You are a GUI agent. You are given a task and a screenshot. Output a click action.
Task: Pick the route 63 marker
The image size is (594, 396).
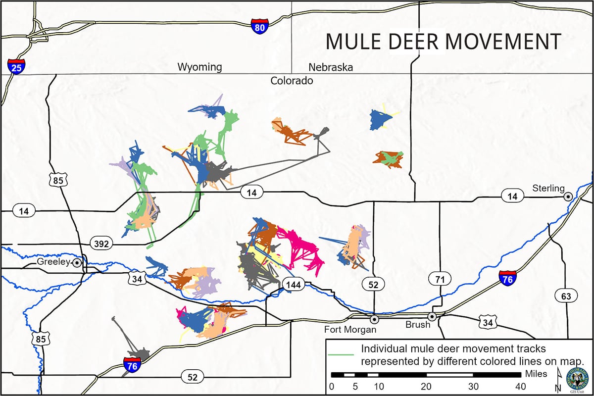pyautogui.click(x=565, y=297)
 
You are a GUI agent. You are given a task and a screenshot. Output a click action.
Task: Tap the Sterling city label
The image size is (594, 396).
pyautogui.click(x=547, y=188)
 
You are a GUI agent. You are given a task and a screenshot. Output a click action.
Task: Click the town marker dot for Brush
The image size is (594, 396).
pyautogui.click(x=432, y=316)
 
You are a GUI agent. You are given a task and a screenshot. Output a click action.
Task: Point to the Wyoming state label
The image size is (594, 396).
pyautogui.click(x=200, y=67)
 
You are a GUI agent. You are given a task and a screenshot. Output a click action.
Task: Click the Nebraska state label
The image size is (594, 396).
pyautogui.click(x=331, y=67)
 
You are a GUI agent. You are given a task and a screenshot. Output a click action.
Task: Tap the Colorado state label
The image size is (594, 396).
pyautogui.click(x=292, y=80)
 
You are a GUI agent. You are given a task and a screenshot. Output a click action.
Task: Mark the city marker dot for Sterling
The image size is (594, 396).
pyautogui.click(x=568, y=197)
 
